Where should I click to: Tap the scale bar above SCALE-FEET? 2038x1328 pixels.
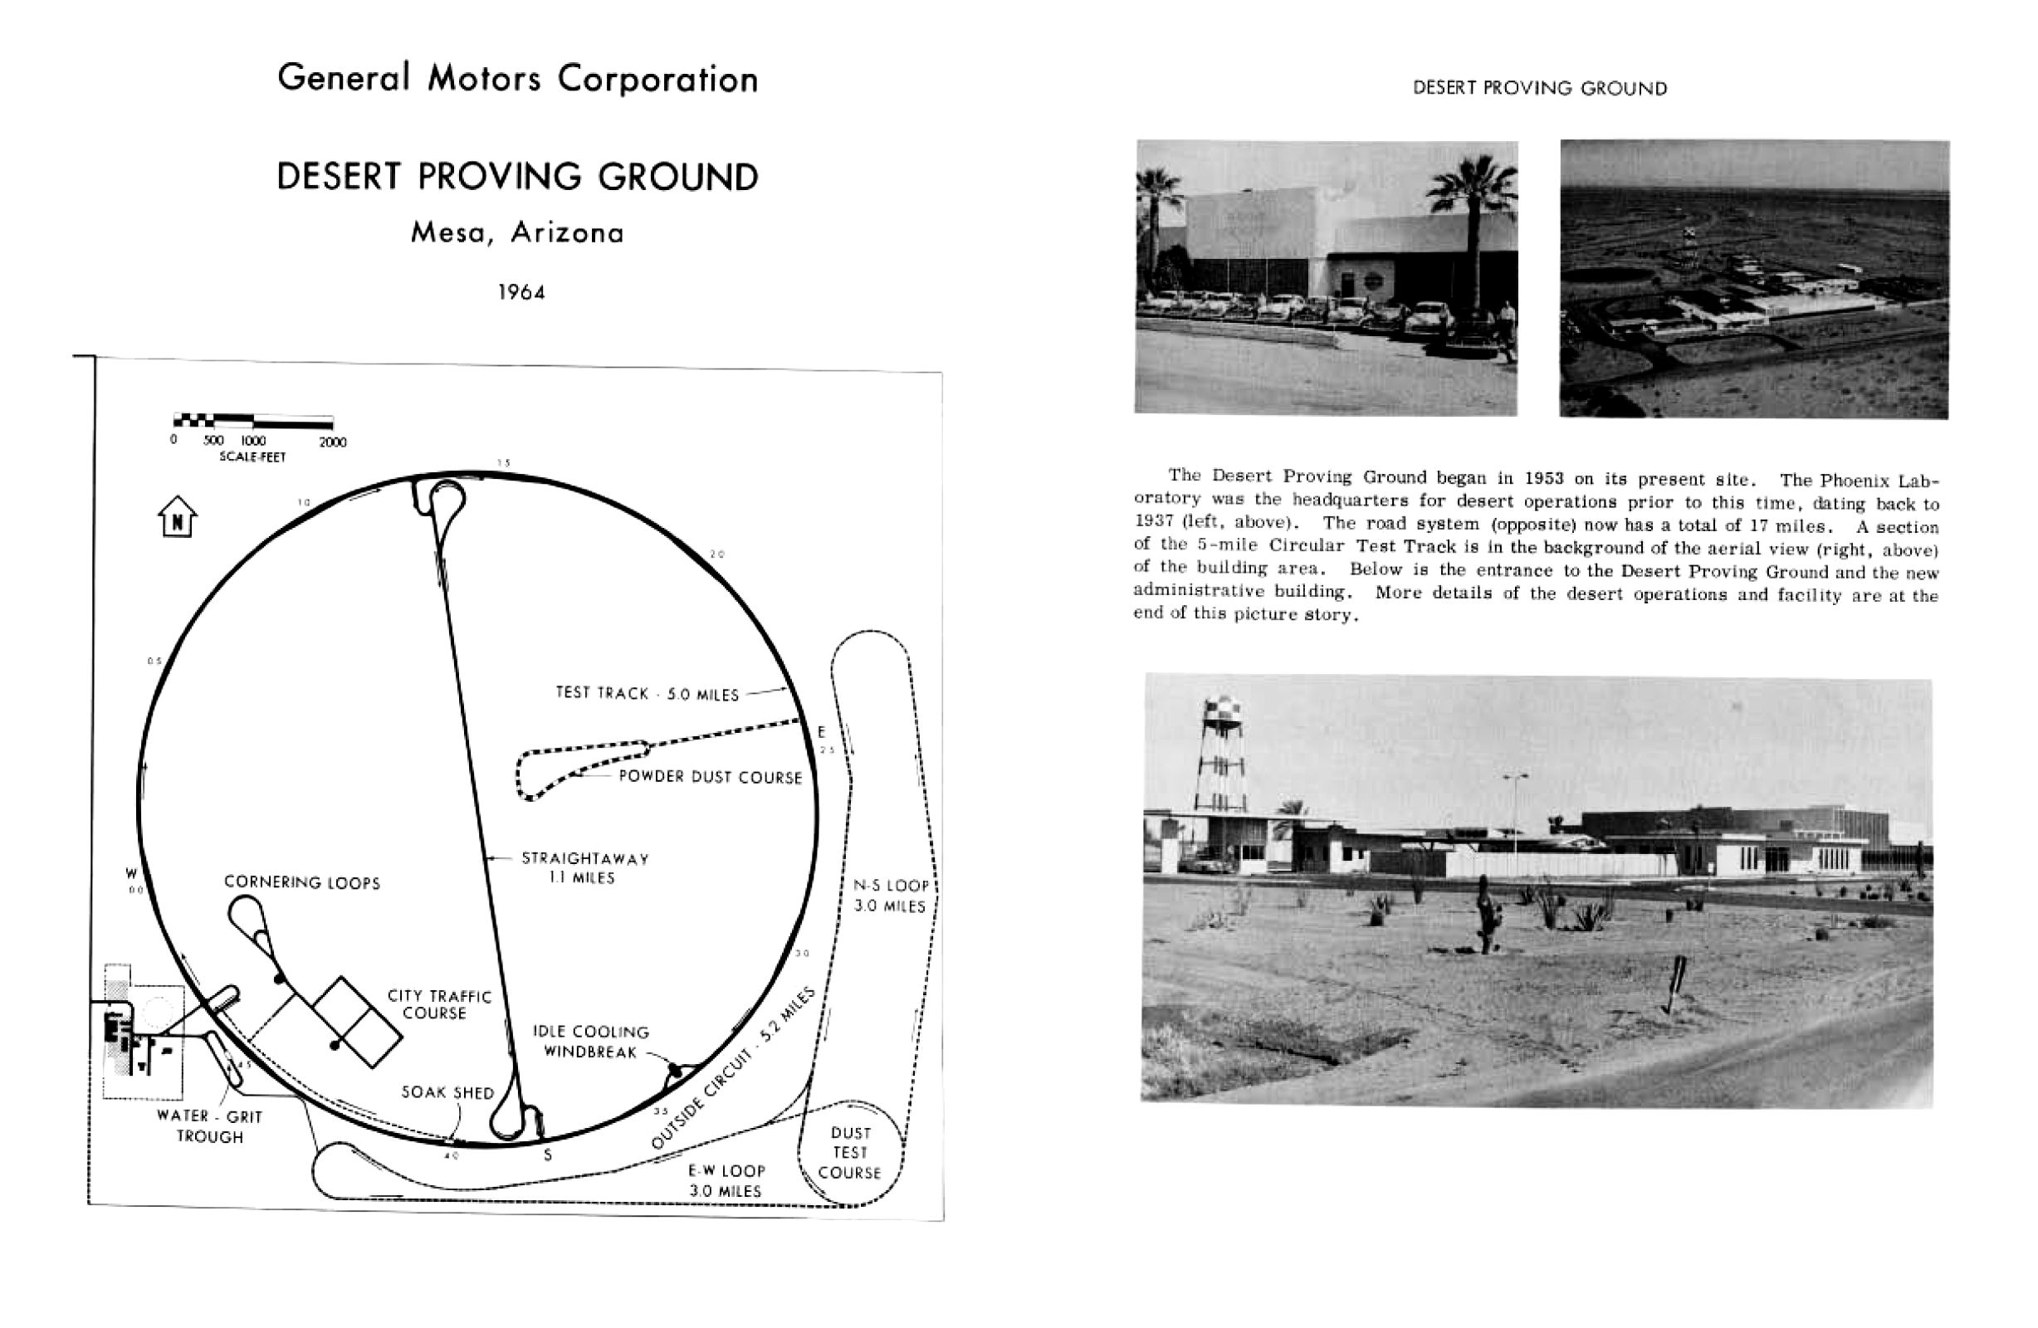pos(252,421)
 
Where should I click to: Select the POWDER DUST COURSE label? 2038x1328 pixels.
pos(710,778)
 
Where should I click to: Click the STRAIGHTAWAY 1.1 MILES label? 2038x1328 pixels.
pos(585,867)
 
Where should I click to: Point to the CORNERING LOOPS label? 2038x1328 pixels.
pos(301,883)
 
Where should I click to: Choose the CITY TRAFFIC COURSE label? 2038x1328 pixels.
pos(438,1004)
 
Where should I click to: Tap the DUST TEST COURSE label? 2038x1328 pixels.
pos(849,1153)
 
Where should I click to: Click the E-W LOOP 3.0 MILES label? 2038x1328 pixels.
pos(726,1181)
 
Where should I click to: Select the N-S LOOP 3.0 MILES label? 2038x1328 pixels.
pos(891,896)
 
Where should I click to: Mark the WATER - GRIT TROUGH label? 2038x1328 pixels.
pos(210,1126)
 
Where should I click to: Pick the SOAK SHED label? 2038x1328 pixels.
pos(447,1093)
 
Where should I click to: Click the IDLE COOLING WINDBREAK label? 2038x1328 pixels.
pos(591,1041)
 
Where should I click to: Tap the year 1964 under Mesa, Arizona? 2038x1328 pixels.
pos(521,293)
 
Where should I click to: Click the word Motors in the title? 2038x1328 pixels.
pos(484,79)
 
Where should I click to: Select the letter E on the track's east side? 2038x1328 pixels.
pos(821,732)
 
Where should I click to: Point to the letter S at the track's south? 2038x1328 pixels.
pos(548,1155)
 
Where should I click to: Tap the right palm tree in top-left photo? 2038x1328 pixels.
pos(1471,222)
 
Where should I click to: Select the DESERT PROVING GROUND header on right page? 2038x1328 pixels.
pos(1540,88)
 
